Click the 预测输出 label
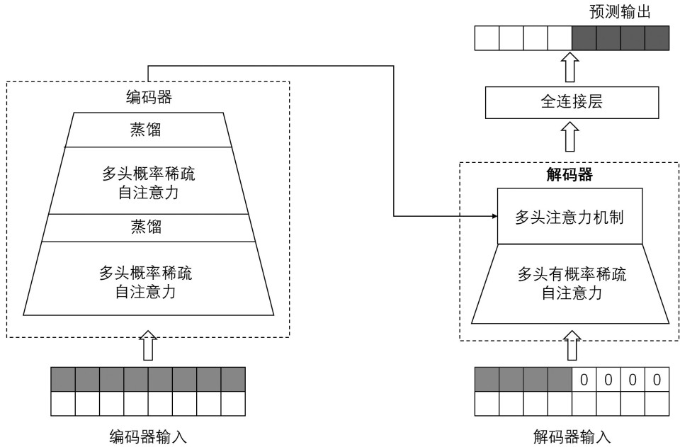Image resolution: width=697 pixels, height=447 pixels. click(x=619, y=13)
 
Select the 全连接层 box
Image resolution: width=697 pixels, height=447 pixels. click(x=571, y=103)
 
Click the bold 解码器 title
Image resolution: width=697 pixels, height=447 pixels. click(x=572, y=174)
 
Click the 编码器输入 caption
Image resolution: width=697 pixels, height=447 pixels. click(x=148, y=436)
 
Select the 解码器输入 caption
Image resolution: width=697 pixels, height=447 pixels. click(x=572, y=436)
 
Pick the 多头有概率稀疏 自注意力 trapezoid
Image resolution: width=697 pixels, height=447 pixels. click(x=571, y=283)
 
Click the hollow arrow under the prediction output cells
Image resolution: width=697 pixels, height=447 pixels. click(x=572, y=68)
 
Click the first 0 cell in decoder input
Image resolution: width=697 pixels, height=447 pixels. click(x=584, y=380)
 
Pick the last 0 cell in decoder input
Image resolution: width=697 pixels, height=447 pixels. click(x=657, y=380)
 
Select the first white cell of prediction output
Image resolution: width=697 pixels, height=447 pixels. click(x=487, y=37)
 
